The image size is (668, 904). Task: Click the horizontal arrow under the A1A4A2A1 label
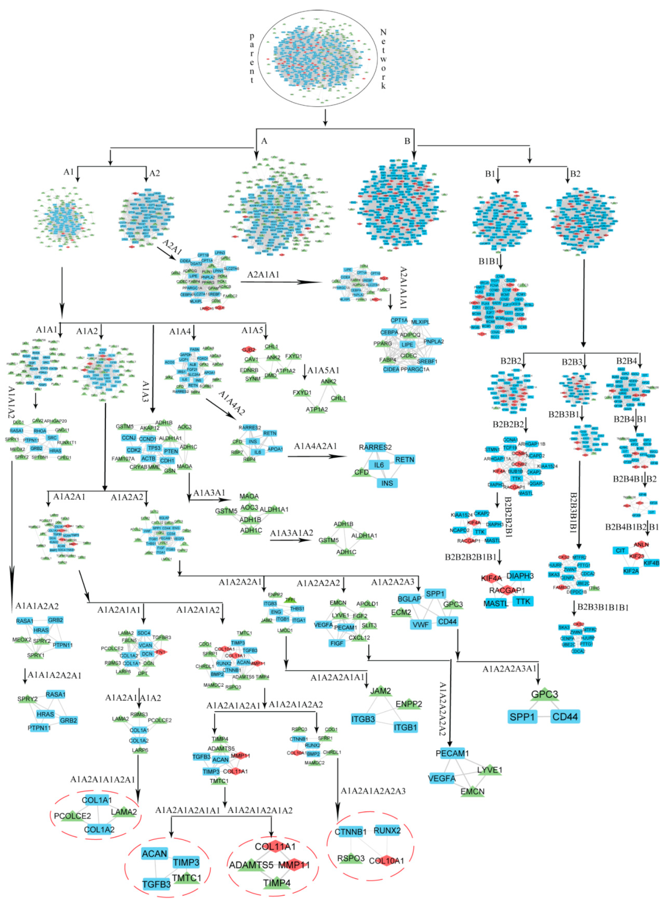pos(317,456)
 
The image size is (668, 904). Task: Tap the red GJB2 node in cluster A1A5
pos(248,350)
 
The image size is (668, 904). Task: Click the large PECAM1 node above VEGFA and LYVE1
pos(452,753)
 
